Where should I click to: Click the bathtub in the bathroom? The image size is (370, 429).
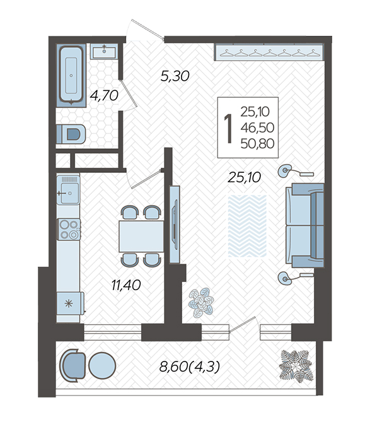click(x=71, y=75)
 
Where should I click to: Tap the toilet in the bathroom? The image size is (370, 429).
click(x=71, y=134)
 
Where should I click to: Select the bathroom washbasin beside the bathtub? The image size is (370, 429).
click(x=104, y=52)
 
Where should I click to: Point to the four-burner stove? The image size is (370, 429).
click(x=69, y=229)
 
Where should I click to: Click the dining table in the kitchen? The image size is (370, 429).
click(x=141, y=237)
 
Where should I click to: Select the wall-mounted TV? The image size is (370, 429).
click(x=175, y=225)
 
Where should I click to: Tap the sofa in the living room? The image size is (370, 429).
click(x=305, y=225)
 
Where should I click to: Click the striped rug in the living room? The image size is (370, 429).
click(x=247, y=226)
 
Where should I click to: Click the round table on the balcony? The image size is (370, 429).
click(x=102, y=365)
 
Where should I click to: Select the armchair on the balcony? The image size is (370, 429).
click(x=73, y=365)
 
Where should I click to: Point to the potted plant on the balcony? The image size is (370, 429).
click(x=296, y=365)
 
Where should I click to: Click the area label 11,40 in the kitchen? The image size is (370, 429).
click(x=126, y=285)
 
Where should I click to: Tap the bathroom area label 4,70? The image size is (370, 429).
click(x=104, y=95)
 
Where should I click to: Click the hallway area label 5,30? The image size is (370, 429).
click(x=175, y=76)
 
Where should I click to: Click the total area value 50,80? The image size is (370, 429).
click(x=257, y=144)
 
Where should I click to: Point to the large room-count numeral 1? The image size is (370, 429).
click(x=228, y=128)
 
